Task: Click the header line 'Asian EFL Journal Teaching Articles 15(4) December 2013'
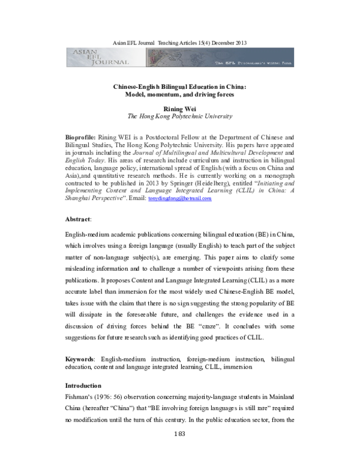181,43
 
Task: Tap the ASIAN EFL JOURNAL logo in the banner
87,58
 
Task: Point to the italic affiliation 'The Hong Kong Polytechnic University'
180,116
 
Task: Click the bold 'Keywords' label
79,359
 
